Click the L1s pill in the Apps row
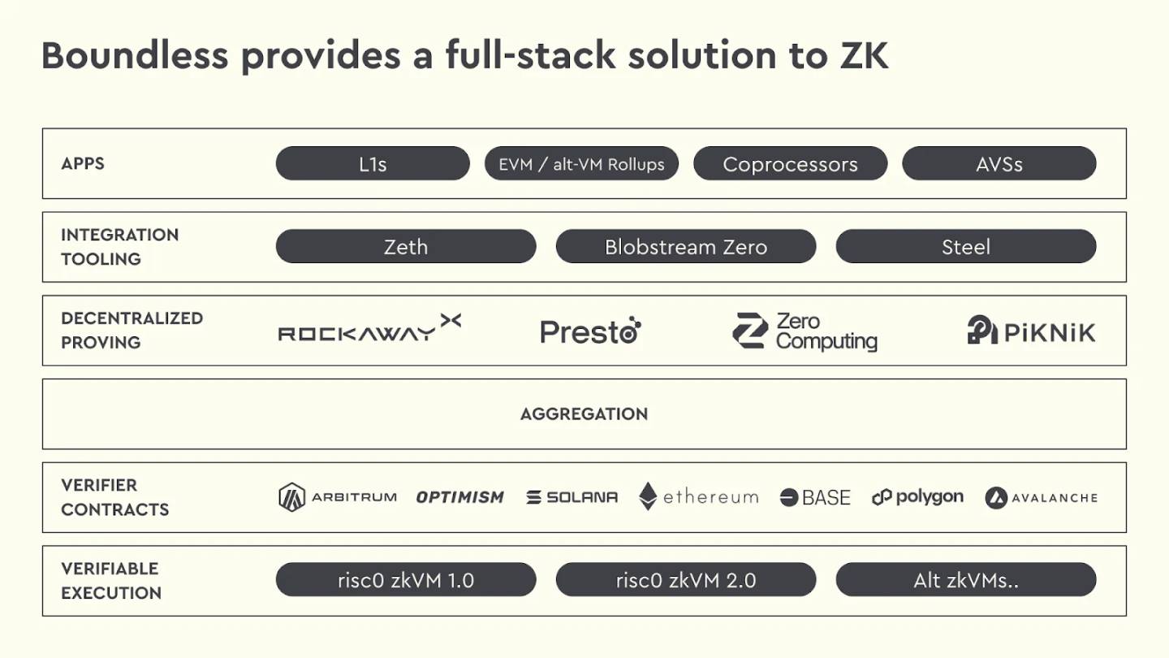coord(373,163)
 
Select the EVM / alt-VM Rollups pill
coord(581,163)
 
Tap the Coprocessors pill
coord(790,163)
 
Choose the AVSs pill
coord(999,163)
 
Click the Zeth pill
coord(406,247)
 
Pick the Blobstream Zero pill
coord(686,247)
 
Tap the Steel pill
coord(966,247)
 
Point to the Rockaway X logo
coord(369,328)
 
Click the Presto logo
coord(591,331)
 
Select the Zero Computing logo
coord(804,331)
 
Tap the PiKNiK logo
coord(1031,331)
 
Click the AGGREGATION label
coord(584,414)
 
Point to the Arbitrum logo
coord(338,497)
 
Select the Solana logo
coord(572,497)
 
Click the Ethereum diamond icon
coord(648,496)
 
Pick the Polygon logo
coord(917,497)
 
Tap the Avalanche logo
coord(1041,497)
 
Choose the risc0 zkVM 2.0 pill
coord(686,580)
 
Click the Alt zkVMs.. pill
coord(966,580)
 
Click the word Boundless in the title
coord(136,55)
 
